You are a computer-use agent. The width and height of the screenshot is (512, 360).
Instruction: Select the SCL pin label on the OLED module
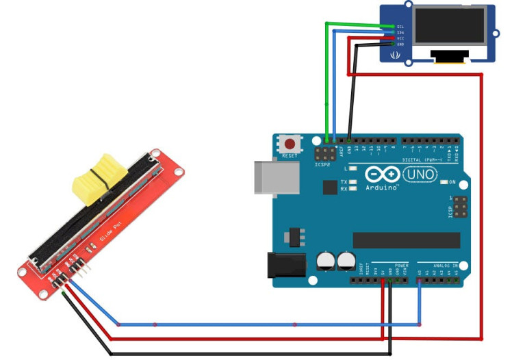(x=400, y=26)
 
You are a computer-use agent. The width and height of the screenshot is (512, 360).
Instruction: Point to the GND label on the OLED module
(x=400, y=44)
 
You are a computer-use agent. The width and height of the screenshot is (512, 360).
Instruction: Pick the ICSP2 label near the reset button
(x=322, y=164)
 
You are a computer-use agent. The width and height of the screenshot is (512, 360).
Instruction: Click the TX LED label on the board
(x=344, y=181)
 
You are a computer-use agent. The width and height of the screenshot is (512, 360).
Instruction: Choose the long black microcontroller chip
(x=406, y=240)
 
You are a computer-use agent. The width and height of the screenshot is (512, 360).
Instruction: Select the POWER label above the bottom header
(x=401, y=264)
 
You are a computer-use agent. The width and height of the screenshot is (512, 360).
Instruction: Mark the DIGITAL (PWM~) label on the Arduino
(x=428, y=159)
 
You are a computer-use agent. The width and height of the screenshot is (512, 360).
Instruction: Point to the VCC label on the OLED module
(x=400, y=38)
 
